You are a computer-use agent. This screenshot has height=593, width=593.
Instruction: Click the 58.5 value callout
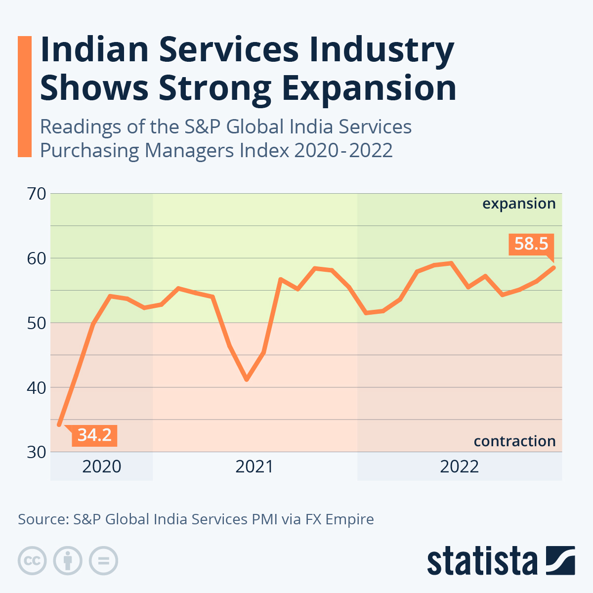[x=531, y=244]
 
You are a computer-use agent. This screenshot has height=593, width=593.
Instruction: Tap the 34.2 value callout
[x=94, y=435]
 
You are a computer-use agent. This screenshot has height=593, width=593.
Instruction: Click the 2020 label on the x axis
[x=102, y=466]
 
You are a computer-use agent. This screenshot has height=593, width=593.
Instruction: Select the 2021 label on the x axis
[x=254, y=466]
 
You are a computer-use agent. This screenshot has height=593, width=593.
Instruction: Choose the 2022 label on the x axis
[x=460, y=466]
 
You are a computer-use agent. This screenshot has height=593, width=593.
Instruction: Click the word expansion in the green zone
[x=519, y=204]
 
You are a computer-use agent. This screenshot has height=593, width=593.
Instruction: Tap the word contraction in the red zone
[x=514, y=441]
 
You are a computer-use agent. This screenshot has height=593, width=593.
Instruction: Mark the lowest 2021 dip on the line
[x=247, y=380]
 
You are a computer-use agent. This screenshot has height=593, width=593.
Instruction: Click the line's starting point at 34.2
[x=59, y=424]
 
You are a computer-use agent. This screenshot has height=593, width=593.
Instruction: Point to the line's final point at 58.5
[x=553, y=268]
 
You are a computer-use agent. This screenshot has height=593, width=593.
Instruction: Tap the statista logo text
[x=482, y=561]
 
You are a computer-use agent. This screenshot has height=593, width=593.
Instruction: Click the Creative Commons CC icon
[x=32, y=561]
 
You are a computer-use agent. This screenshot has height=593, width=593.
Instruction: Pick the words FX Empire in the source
[x=339, y=519]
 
